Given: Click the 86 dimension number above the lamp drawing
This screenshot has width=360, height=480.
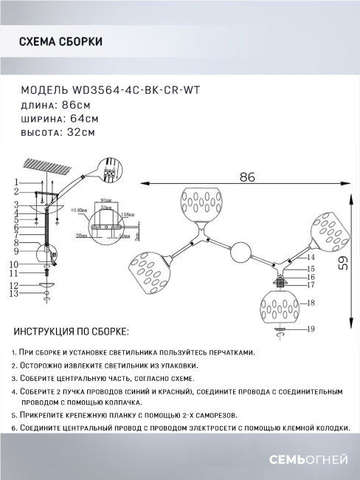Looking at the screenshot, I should click(246, 177).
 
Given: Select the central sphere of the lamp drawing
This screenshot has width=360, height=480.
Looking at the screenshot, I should click(240, 253).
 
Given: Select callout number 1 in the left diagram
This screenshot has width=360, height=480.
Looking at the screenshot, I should click(15, 182).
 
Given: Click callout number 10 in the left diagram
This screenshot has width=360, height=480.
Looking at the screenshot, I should click(15, 264).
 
